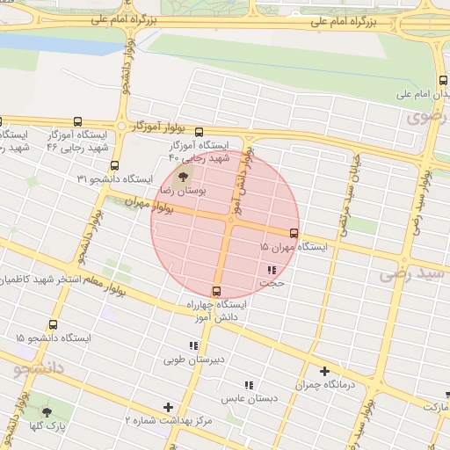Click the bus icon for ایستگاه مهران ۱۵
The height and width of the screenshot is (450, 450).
pos(294,233)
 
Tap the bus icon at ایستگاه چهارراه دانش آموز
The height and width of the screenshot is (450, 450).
pos(217,291)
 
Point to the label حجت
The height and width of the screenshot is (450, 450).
pos(272,284)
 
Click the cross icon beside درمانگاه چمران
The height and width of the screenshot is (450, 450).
pos(324,372)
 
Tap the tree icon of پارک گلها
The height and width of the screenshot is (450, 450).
pos(47,411)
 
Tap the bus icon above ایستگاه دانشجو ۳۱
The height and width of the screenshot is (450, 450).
pos(114,165)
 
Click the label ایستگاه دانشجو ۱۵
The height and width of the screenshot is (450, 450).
pos(53,337)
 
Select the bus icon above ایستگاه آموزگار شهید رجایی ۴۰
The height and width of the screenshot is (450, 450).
pos(199,130)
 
